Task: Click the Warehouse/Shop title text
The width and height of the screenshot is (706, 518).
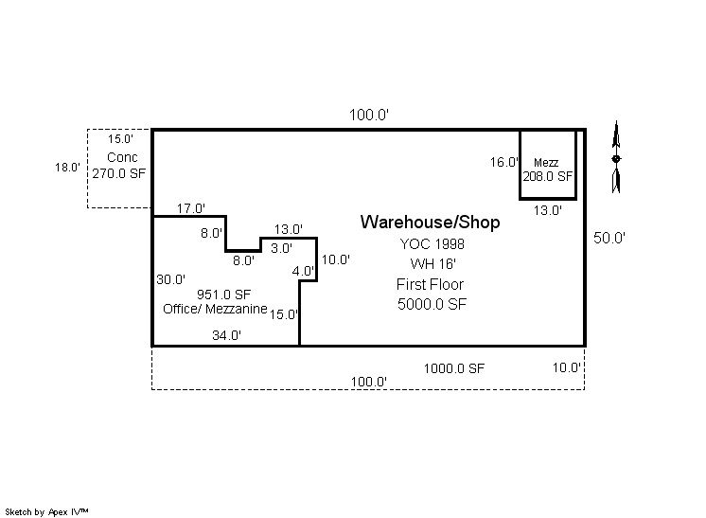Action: [x=431, y=223]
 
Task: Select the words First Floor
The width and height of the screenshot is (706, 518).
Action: [x=431, y=284]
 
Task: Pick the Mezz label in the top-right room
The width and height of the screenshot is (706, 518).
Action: [x=546, y=163]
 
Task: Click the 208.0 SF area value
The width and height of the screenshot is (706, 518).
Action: [x=548, y=176]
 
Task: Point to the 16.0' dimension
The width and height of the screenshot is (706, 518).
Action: [x=504, y=162]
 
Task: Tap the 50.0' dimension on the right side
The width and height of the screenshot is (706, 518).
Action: [x=609, y=239]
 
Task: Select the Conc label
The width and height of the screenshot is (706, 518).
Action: [x=122, y=157]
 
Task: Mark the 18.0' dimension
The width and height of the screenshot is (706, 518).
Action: [x=67, y=168]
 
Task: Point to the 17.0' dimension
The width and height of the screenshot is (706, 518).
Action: [x=191, y=208]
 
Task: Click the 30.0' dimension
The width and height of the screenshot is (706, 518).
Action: [x=171, y=279]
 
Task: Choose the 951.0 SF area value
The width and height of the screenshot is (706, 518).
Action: [x=223, y=294]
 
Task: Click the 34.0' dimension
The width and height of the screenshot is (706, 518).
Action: [x=226, y=334]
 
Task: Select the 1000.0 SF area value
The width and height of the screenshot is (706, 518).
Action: [x=454, y=368]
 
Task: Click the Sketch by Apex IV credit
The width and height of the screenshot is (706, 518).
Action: [x=47, y=511]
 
